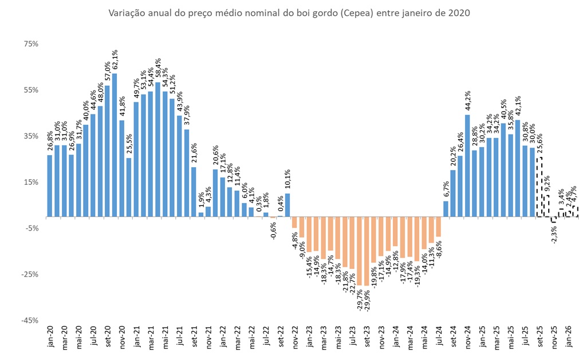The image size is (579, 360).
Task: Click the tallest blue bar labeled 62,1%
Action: (115, 145)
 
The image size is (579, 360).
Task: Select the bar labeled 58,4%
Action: (157, 149)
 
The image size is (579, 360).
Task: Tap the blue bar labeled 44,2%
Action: (467, 166)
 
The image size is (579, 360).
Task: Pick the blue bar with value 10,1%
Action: (287, 205)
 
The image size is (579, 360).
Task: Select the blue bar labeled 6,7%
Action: (446, 209)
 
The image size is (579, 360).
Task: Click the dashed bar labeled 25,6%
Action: (539, 187)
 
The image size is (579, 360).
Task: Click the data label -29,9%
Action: (367, 298)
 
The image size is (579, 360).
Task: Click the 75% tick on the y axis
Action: (30, 44)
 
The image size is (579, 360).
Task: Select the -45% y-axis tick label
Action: (29, 321)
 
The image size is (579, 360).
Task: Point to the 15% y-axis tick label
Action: (30, 182)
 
